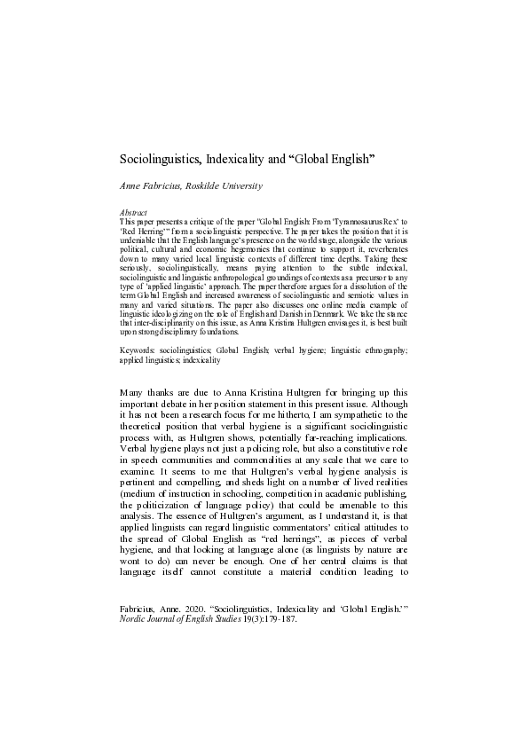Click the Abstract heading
pyautogui.click(x=133, y=213)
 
